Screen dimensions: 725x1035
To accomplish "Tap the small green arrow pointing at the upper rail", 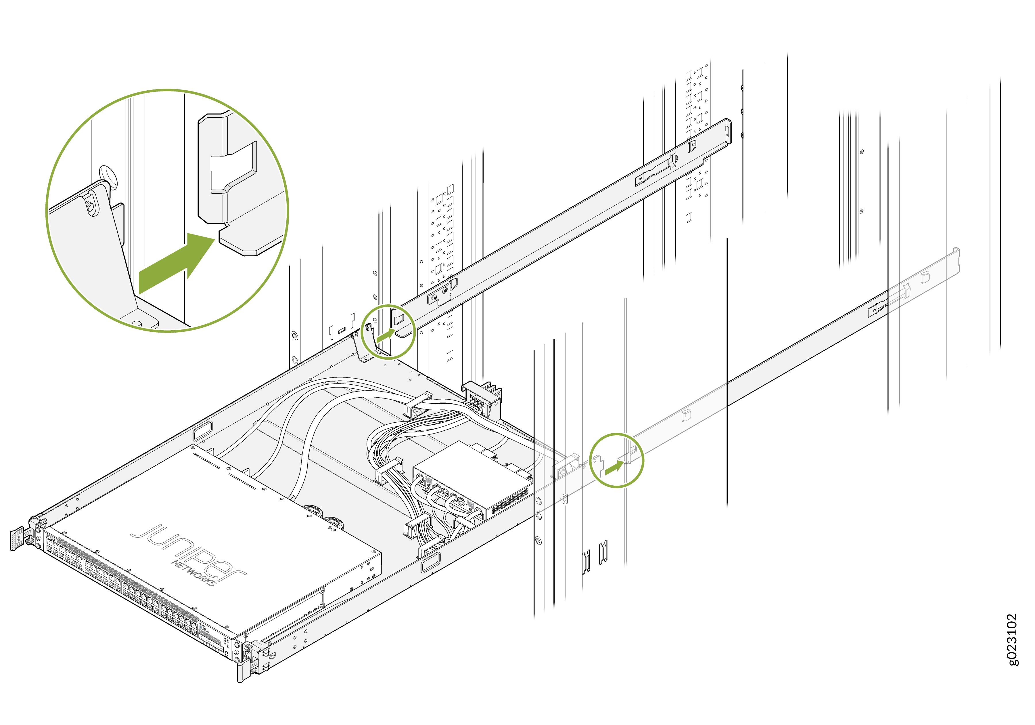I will tap(386, 335).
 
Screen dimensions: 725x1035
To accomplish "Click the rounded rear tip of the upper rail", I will tap(727, 131).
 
